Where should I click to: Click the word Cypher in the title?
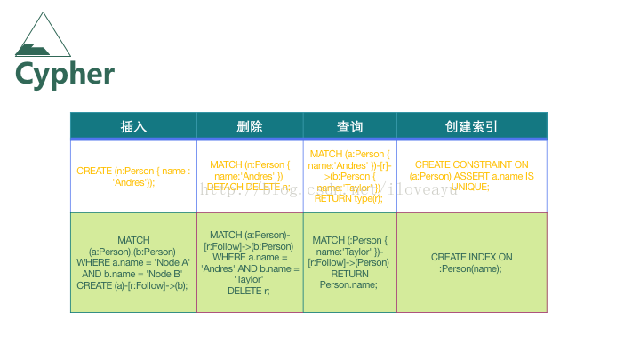(x=65, y=73)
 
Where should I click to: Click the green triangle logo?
(x=44, y=36)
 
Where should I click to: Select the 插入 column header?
(x=133, y=126)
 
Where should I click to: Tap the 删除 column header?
(x=250, y=126)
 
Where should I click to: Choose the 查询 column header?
(x=349, y=126)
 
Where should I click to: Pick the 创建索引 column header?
(x=471, y=126)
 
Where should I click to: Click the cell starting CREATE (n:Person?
(x=133, y=176)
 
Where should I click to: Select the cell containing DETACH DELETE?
(x=250, y=176)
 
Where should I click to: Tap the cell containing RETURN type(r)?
(x=349, y=176)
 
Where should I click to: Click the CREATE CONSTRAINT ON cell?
(x=471, y=176)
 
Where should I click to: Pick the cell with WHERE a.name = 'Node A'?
(x=133, y=262)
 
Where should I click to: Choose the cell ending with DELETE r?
(x=250, y=262)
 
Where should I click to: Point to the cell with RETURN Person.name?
(x=349, y=262)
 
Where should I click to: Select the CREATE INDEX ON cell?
(x=471, y=262)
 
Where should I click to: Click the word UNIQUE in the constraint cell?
(x=471, y=188)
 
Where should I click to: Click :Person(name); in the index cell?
(x=471, y=268)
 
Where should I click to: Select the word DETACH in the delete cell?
(x=224, y=188)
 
